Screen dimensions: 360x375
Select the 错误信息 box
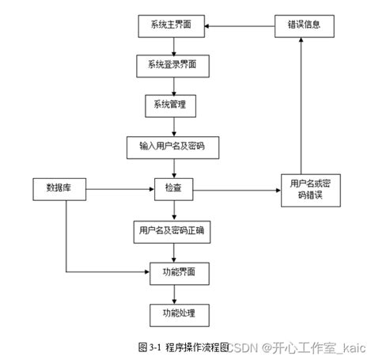pyautogui.click(x=304, y=25)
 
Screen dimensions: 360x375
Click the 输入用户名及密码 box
pyautogui.click(x=172, y=146)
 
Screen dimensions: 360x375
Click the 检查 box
pyautogui.click(x=172, y=190)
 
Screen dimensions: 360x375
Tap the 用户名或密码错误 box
pyautogui.click(x=310, y=190)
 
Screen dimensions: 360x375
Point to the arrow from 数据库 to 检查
pyautogui.click(x=119, y=189)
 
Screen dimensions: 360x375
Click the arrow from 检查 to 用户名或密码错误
pyautogui.click(x=237, y=190)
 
